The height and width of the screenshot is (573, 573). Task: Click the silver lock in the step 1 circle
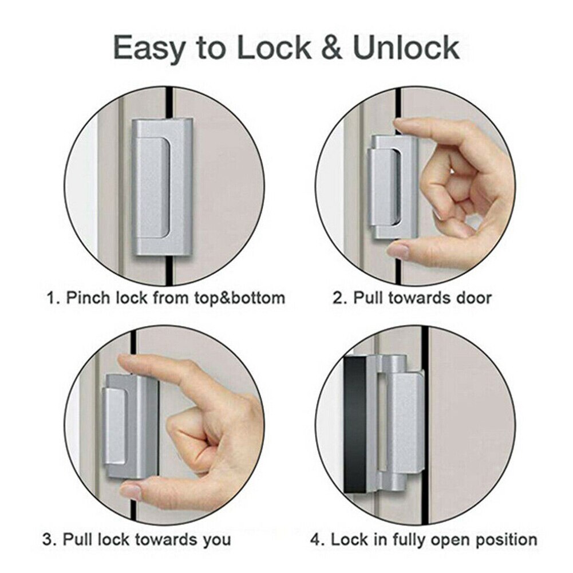(x=162, y=186)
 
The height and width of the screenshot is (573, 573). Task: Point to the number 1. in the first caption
(x=53, y=298)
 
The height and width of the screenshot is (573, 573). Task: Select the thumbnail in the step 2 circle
(x=398, y=250)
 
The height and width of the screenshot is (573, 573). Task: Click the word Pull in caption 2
(x=366, y=298)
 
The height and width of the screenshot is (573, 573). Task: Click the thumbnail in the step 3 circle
(x=131, y=491)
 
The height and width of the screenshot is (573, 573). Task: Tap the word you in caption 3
(x=217, y=539)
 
